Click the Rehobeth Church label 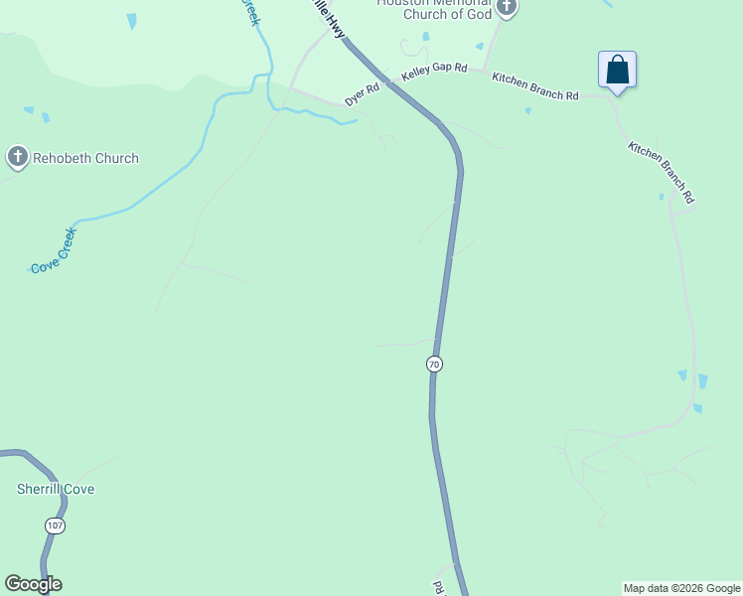coord(85,158)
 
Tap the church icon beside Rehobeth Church coord(17,157)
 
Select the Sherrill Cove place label coord(56,489)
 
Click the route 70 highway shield coord(434,365)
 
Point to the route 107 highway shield coord(55,525)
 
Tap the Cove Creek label coord(54,255)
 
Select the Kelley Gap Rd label coord(434,73)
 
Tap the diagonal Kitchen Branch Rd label coord(661,172)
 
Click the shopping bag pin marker coord(617,71)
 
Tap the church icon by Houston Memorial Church coord(508,8)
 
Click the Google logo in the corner coord(33,584)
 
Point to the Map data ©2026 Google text coord(681,588)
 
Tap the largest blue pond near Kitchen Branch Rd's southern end coord(703,381)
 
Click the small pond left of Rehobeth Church coord(46,118)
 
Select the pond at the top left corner coord(131,20)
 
